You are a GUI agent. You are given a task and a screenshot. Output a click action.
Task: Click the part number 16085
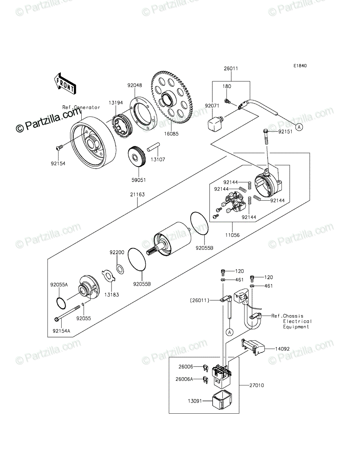[x=172, y=134]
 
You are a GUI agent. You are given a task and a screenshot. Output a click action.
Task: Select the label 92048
[x=135, y=85]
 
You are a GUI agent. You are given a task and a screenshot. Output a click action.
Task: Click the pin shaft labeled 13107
[x=154, y=148]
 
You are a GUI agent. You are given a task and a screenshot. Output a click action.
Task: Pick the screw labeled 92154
[x=59, y=148]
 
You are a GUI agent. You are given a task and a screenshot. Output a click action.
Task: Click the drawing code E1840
[x=300, y=66]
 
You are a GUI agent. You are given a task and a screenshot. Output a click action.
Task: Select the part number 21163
[x=137, y=194]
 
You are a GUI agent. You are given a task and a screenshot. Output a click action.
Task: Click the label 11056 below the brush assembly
[x=232, y=235]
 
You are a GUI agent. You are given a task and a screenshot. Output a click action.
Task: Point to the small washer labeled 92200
[x=120, y=270]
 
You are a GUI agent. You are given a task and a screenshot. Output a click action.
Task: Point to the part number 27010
[x=257, y=385]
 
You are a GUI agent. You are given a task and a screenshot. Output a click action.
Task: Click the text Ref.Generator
[x=81, y=107]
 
